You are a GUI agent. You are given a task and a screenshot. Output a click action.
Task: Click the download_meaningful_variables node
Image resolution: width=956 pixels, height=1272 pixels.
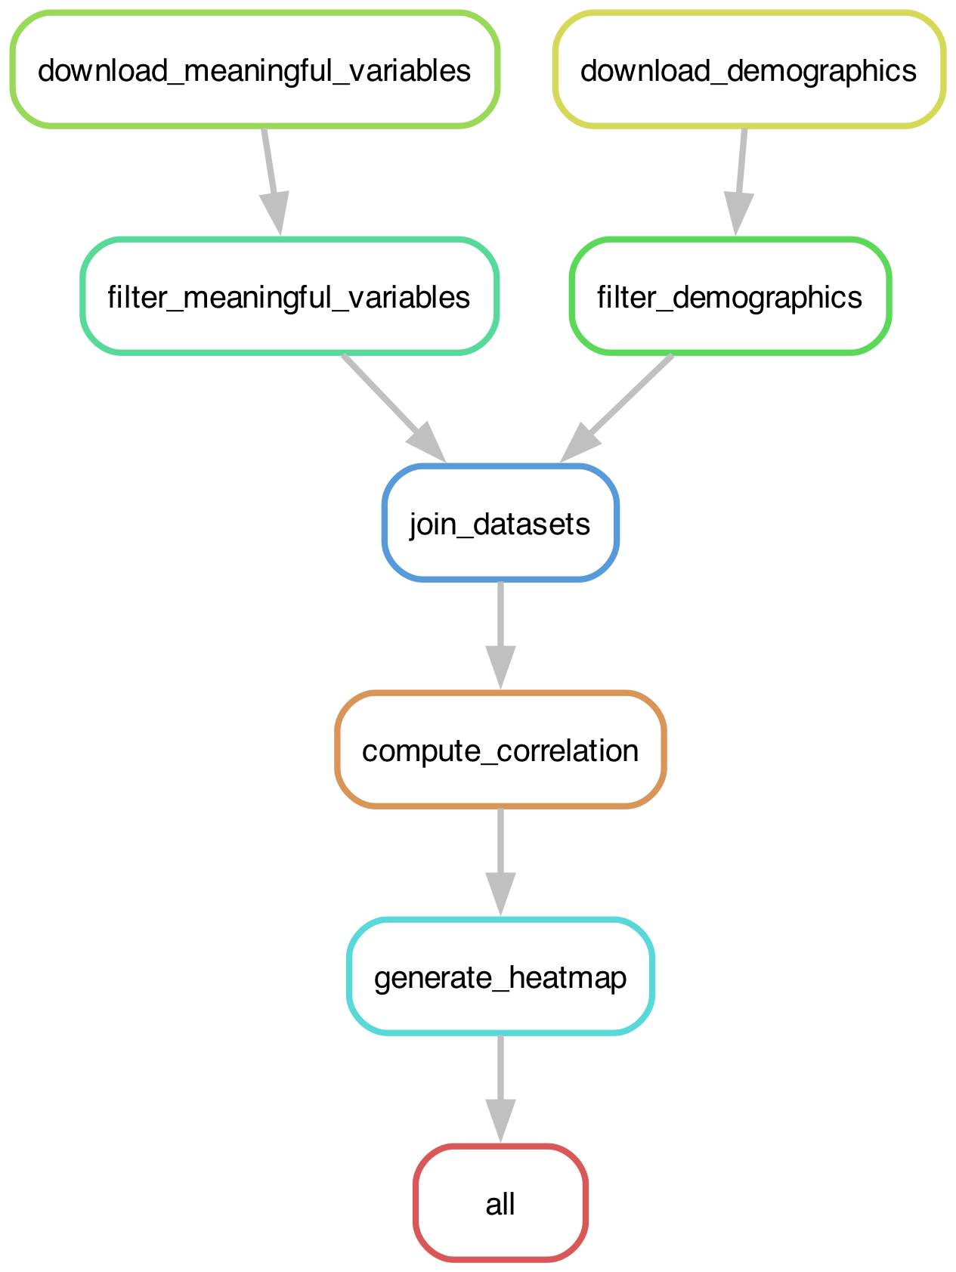tap(254, 70)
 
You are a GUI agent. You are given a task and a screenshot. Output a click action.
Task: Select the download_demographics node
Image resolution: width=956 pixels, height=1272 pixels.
tap(748, 70)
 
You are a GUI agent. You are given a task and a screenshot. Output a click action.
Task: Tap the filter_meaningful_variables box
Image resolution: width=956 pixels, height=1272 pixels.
tap(289, 297)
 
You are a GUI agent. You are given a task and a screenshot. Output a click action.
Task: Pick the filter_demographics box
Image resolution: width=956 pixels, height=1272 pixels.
tap(729, 297)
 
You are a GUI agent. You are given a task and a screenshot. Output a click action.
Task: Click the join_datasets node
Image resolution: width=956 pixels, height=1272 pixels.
tap(500, 524)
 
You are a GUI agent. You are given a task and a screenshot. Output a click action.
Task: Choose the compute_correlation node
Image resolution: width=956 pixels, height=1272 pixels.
tap(500, 751)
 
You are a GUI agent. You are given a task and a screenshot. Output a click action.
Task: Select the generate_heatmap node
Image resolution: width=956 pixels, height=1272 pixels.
tap(500, 977)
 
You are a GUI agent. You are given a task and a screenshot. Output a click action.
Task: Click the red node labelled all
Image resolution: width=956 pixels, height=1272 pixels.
tap(500, 1204)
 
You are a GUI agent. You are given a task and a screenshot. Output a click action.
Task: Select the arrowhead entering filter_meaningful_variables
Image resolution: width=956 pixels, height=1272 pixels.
tap(276, 214)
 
